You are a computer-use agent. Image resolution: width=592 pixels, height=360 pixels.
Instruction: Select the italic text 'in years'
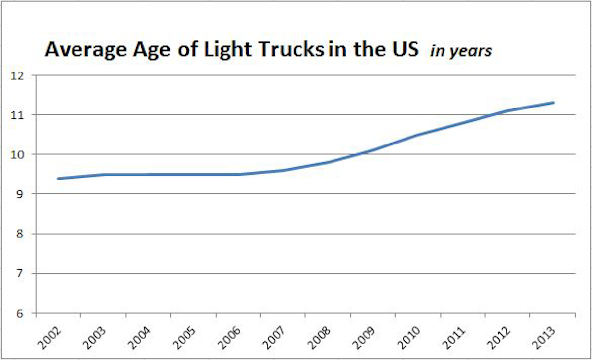[461, 50]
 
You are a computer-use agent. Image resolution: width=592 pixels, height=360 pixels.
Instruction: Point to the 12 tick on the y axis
[20, 75]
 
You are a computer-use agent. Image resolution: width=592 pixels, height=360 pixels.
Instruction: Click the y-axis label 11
[20, 115]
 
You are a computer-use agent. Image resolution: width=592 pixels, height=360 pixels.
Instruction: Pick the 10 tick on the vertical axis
[20, 154]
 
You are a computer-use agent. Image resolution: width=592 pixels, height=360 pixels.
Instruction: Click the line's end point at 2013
[554, 103]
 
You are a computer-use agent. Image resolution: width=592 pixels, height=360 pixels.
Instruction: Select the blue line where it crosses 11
[493, 115]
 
